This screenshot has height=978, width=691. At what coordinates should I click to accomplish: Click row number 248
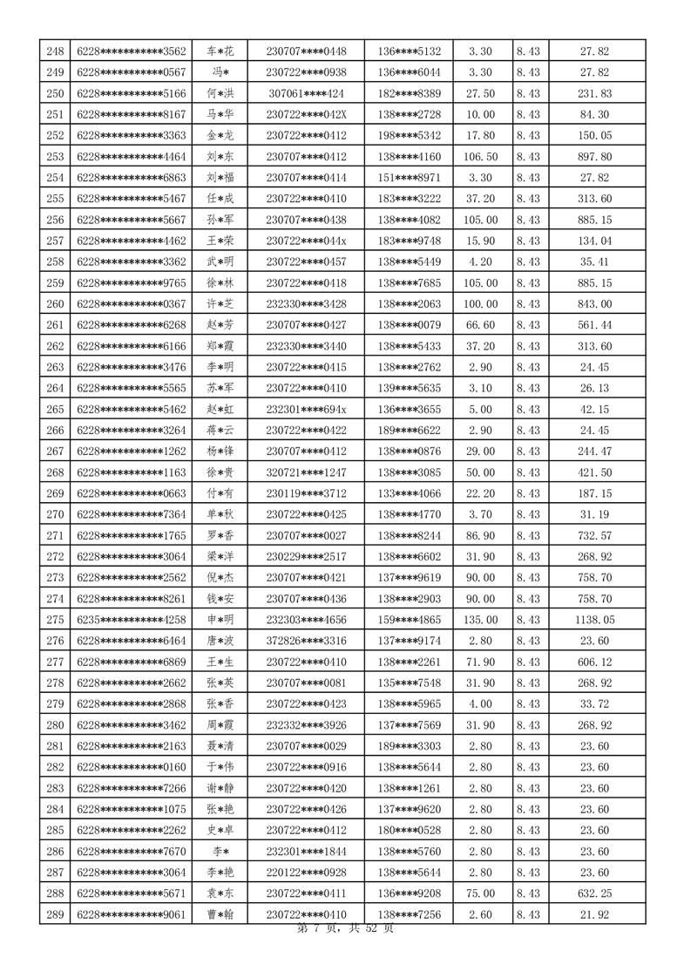tap(55, 51)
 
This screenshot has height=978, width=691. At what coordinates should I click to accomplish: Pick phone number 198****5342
tap(410, 135)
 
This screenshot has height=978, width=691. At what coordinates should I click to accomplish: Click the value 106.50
tap(480, 157)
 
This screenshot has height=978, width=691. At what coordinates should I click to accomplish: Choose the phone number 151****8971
tap(410, 178)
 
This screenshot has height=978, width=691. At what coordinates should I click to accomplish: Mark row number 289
tap(55, 913)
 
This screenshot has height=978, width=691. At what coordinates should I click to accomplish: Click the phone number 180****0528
tap(410, 830)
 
